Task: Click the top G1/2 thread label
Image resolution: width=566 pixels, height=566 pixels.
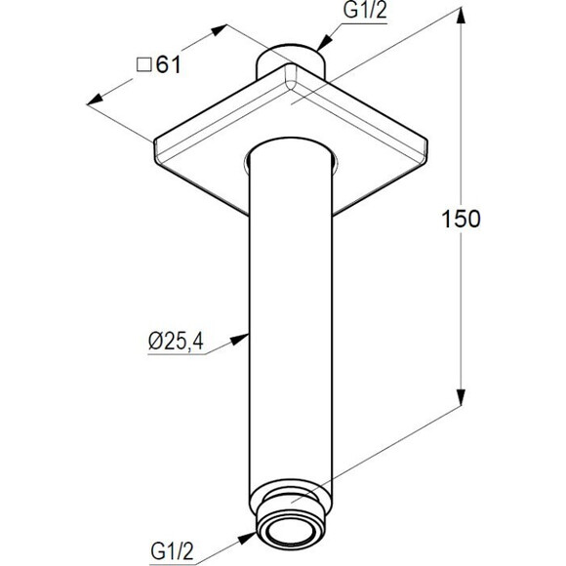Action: [x=365, y=10]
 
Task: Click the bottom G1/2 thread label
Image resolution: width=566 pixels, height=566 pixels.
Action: [x=173, y=552]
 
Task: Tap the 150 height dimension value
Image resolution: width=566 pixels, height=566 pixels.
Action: [x=461, y=219]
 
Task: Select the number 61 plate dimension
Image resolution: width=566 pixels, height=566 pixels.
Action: [x=168, y=65]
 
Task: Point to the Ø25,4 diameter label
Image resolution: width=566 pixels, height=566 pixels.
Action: [x=177, y=341]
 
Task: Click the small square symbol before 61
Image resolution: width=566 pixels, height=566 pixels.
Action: [x=143, y=65]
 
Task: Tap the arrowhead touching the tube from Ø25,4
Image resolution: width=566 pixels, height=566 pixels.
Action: [x=240, y=339]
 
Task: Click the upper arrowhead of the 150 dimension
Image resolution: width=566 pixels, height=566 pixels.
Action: [x=461, y=16]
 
